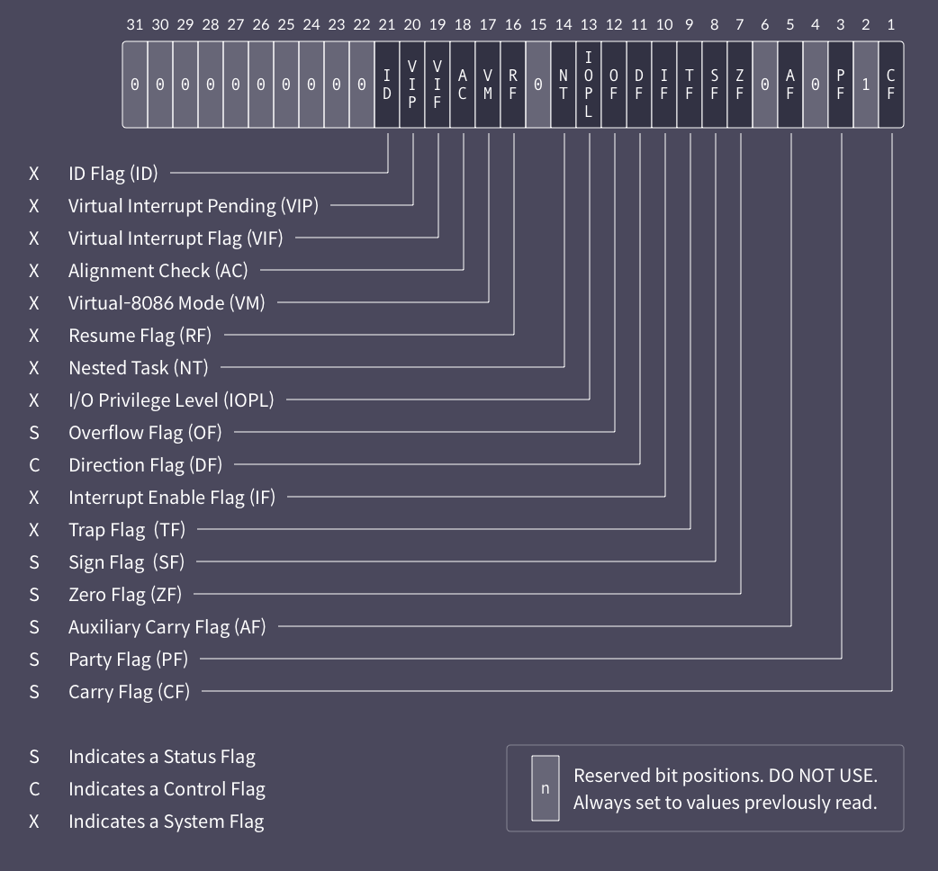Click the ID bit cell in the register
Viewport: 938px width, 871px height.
[387, 84]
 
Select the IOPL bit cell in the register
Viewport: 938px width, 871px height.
[589, 84]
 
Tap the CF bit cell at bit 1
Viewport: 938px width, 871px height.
[891, 84]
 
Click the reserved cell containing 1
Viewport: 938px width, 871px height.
[866, 84]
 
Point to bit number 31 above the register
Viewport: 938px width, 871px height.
[135, 25]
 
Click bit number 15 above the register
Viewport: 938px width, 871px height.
[538, 25]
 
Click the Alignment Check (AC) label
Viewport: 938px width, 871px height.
[158, 271]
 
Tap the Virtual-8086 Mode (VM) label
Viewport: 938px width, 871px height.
[167, 303]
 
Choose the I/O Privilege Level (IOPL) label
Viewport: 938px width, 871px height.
[171, 400]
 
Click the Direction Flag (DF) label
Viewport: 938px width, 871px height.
[145, 465]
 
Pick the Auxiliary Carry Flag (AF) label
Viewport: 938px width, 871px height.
[167, 627]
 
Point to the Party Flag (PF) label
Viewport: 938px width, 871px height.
[129, 660]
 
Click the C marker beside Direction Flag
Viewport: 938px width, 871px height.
[34, 465]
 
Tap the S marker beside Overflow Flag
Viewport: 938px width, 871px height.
[34, 433]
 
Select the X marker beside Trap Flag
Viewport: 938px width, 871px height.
[34, 530]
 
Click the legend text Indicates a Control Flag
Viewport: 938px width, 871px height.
[167, 789]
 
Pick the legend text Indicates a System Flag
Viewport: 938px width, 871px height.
[166, 822]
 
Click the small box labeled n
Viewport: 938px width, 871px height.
[545, 788]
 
